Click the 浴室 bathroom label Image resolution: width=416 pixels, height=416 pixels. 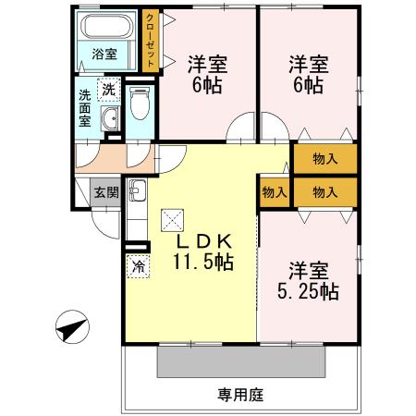104,54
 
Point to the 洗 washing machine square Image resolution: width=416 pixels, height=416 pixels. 109,91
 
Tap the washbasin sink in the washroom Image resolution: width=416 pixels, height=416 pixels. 111,118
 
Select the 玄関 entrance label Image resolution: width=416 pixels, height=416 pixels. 104,193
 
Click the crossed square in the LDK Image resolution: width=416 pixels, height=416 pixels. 173,220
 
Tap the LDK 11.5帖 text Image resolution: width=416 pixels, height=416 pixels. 202,251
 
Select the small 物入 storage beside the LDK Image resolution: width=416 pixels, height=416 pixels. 274,191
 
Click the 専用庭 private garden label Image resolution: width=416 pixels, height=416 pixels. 240,395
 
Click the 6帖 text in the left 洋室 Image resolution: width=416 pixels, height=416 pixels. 208,86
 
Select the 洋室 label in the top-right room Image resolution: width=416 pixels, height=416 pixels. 308,65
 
